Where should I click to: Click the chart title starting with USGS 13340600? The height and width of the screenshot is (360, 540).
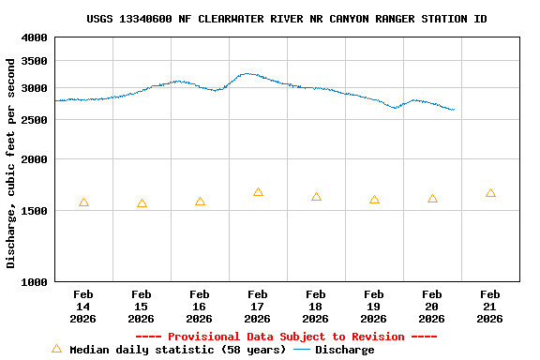click(286, 19)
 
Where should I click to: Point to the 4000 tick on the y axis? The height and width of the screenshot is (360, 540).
click(35, 37)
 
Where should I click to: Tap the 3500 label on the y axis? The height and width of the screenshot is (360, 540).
click(35, 61)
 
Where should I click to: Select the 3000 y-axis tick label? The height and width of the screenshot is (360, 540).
click(35, 88)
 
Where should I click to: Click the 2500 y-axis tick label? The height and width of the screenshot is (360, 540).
click(35, 120)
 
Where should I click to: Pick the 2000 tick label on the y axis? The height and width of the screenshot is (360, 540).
click(35, 159)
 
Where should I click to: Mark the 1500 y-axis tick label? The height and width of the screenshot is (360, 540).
click(35, 211)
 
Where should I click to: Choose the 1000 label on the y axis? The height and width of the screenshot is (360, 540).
click(35, 282)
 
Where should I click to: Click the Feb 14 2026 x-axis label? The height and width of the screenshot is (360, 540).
click(83, 307)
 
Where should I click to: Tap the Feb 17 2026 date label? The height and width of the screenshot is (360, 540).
click(258, 307)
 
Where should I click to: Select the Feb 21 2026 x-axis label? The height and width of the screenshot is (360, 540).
click(490, 307)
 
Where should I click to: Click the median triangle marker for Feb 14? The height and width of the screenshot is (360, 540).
click(83, 202)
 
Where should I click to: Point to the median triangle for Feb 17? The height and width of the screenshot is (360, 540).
click(258, 192)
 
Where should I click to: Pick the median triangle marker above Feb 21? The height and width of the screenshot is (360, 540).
click(490, 193)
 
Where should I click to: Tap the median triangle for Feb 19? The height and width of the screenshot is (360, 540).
click(374, 200)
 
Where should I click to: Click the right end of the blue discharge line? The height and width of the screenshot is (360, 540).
click(454, 110)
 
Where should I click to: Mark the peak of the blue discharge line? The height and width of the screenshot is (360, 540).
click(247, 73)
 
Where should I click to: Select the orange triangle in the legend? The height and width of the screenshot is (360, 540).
click(56, 349)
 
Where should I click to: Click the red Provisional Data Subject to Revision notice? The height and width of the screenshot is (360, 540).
click(286, 337)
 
